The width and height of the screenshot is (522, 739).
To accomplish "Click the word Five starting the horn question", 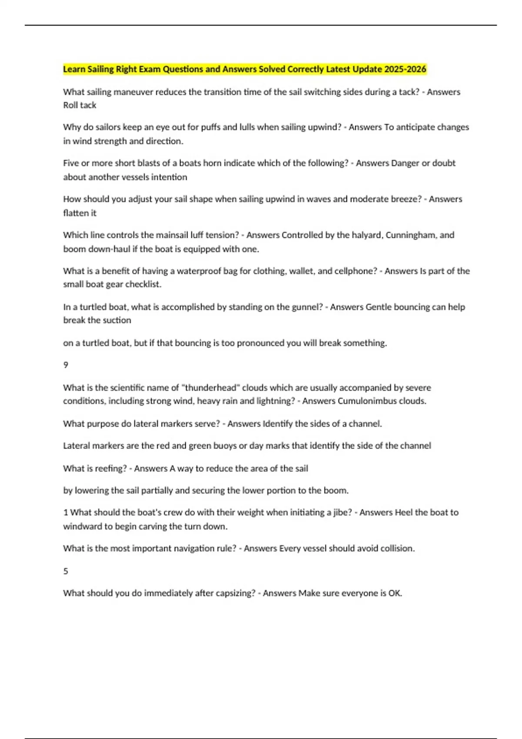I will [71, 163].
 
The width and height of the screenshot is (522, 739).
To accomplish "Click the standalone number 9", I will [66, 365].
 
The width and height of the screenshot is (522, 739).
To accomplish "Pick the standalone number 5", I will [66, 571].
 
